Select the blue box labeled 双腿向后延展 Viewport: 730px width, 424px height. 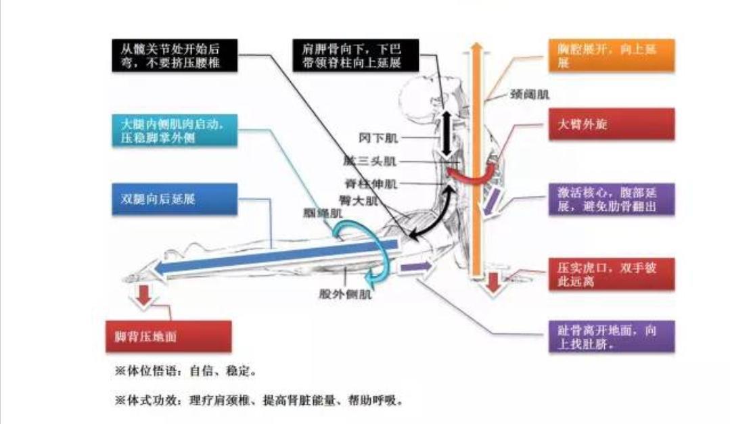(x=173, y=199)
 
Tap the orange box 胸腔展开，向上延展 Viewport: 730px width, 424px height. (x=610, y=55)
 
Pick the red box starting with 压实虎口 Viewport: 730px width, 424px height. (x=612, y=274)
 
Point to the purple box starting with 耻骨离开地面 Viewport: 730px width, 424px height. (x=612, y=336)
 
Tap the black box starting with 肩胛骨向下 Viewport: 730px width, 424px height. (x=352, y=55)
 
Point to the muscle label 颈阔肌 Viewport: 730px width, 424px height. (x=529, y=95)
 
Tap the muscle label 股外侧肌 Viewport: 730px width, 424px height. (x=345, y=293)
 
